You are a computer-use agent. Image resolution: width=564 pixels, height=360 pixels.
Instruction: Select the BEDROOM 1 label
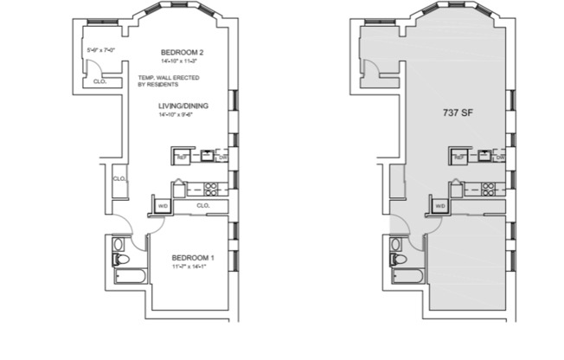[192, 258]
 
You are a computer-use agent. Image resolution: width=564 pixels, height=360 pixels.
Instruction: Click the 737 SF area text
[456, 112]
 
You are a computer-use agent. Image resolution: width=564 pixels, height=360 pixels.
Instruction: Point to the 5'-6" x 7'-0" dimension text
[102, 49]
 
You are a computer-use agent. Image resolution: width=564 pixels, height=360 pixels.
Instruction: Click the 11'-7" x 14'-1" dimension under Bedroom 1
[192, 267]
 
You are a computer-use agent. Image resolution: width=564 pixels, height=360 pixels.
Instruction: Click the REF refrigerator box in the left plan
[182, 157]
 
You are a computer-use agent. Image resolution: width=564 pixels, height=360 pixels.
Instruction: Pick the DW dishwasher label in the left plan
[223, 157]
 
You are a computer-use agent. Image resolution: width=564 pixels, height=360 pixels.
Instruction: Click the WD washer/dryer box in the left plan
[163, 206]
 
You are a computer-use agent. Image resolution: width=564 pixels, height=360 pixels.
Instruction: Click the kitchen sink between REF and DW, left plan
[208, 157]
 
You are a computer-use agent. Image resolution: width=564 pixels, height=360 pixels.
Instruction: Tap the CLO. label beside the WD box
[202, 206]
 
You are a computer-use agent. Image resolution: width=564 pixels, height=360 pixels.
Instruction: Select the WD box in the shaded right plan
[439, 206]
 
